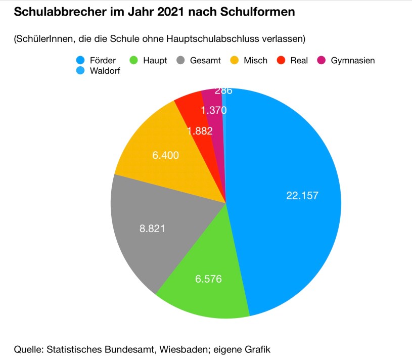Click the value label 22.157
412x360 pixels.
pyautogui.click(x=302, y=196)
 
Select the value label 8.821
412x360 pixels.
pyautogui.click(x=152, y=228)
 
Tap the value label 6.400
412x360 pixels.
pyautogui.click(x=165, y=155)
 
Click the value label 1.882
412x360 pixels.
pyautogui.click(x=200, y=131)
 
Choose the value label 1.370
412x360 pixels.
pyautogui.click(x=213, y=110)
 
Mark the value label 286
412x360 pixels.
pyautogui.click(x=223, y=91)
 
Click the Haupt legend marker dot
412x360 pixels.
pyautogui.click(x=134, y=61)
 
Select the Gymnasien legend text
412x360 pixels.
pyautogui.click(x=353, y=61)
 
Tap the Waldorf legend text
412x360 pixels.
pyautogui.click(x=105, y=71)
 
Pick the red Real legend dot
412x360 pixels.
pyautogui.click(x=282, y=61)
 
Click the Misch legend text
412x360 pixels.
pyautogui.click(x=255, y=61)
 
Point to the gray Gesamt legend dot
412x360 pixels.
pyautogui.click(x=181, y=61)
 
